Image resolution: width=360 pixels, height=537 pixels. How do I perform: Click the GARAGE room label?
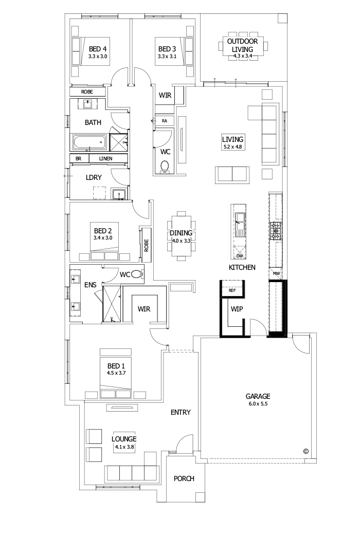coord(257,396)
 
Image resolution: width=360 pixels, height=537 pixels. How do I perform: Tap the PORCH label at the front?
coord(184,478)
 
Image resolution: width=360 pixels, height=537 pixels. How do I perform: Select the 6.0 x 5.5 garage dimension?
coord(257,404)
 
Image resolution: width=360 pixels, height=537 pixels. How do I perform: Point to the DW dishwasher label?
coord(239,255)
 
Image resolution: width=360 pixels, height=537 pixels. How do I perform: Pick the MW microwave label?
coord(276,273)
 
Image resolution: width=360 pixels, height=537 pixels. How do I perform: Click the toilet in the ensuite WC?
coord(137,274)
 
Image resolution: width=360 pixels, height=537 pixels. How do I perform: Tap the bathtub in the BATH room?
coord(89,141)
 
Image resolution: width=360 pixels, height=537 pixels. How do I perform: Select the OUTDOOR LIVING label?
coord(245,44)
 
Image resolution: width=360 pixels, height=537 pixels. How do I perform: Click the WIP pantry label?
coord(237,310)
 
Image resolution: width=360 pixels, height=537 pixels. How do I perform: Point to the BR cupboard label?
coord(78,159)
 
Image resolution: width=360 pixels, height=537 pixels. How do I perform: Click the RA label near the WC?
coord(165,120)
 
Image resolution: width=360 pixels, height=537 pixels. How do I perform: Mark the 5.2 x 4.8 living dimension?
coord(232,147)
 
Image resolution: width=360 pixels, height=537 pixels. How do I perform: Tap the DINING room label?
coord(181,233)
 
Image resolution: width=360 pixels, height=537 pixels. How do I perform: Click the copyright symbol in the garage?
coord(305,451)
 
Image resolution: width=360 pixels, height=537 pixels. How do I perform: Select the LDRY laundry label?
coord(94,177)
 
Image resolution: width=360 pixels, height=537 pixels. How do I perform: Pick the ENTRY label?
coord(181,412)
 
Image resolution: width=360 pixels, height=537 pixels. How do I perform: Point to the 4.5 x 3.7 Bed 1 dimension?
coord(116,372)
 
